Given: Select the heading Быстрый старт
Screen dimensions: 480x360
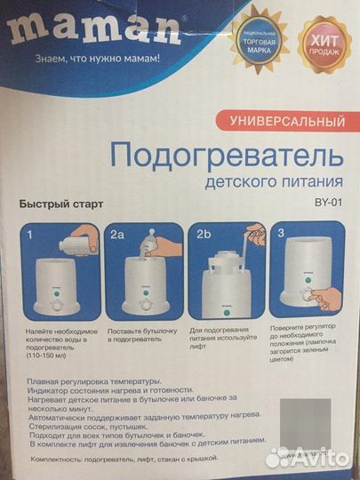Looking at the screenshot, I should click(62, 204).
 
